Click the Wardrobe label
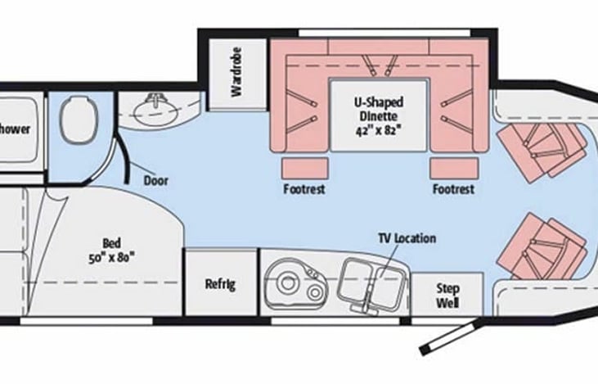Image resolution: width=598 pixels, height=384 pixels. (236, 78)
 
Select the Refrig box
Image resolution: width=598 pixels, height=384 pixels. (220, 284)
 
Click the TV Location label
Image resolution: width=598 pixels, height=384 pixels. (407, 238)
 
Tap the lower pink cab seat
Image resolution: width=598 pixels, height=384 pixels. (546, 245)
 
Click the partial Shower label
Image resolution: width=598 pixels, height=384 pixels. (15, 129)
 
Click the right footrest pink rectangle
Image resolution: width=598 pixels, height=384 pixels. (455, 166)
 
